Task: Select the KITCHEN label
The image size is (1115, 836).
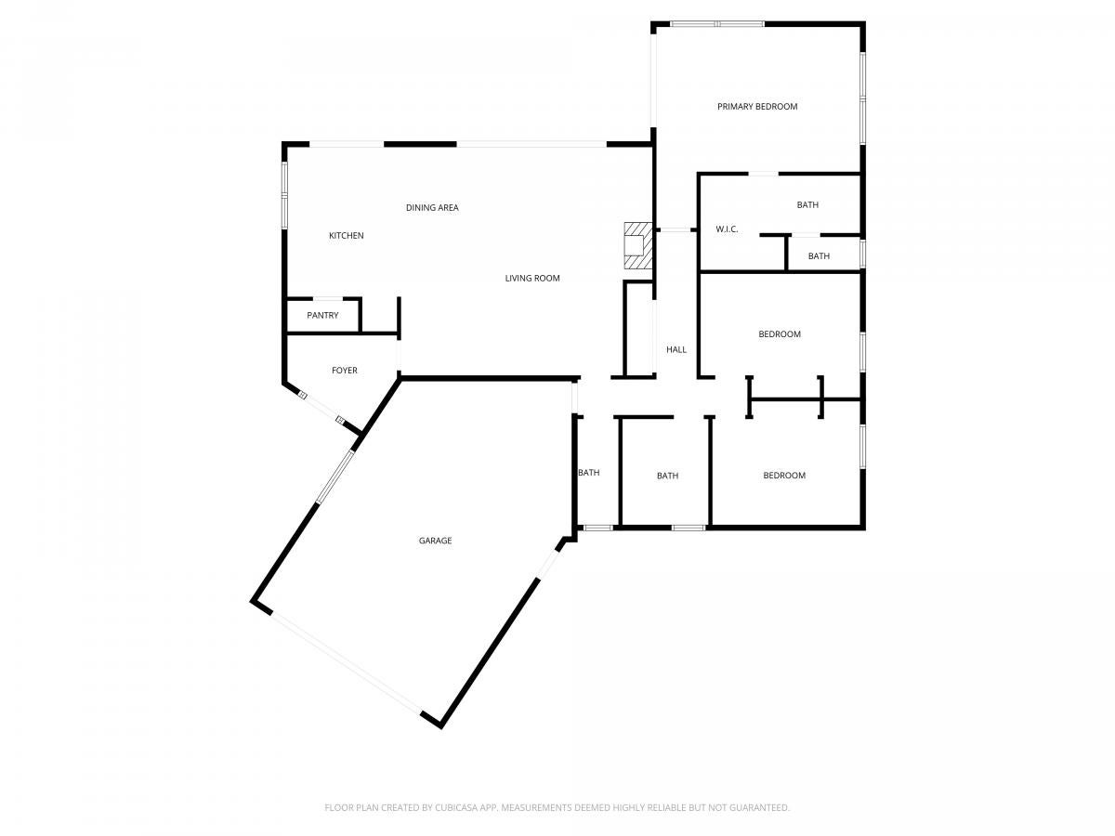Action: pyautogui.click(x=346, y=236)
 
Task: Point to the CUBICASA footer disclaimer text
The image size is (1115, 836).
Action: pyautogui.click(x=557, y=807)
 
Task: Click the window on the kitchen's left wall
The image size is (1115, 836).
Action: pyautogui.click(x=284, y=195)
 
